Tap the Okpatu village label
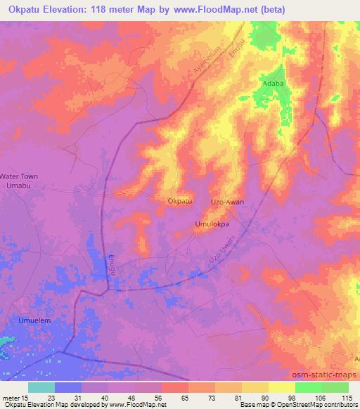(180, 202)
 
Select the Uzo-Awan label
(228, 202)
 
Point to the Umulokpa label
(212, 225)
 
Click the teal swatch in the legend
(41, 387)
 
